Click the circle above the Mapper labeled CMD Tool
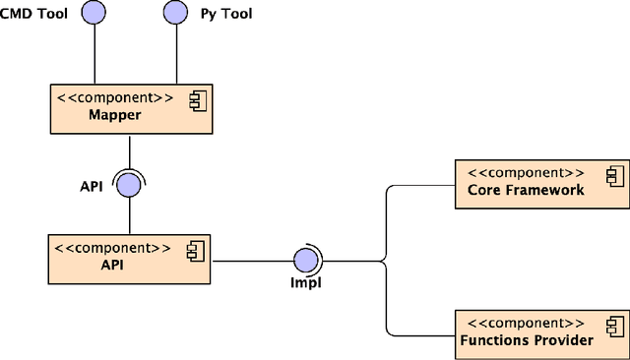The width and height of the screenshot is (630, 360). point(94,13)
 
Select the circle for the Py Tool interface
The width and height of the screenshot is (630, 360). point(176,13)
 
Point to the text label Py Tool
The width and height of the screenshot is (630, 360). point(227,13)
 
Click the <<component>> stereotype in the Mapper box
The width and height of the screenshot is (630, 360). point(115,98)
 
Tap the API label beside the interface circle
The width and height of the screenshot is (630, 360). point(93,186)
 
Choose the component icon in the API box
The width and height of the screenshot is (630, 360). point(195,251)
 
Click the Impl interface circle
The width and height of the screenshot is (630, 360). point(306,261)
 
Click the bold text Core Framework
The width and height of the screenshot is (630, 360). point(526,190)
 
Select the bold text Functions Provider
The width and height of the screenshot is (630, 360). point(527,340)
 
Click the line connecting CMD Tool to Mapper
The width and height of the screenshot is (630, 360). point(94,54)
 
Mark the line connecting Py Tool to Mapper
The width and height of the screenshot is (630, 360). point(176,54)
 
